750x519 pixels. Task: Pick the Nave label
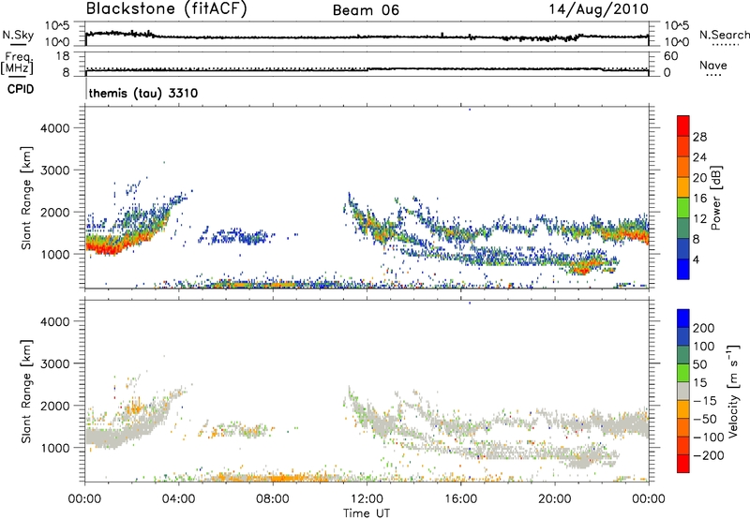pos(712,66)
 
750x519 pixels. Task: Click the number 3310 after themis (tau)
pos(180,95)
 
